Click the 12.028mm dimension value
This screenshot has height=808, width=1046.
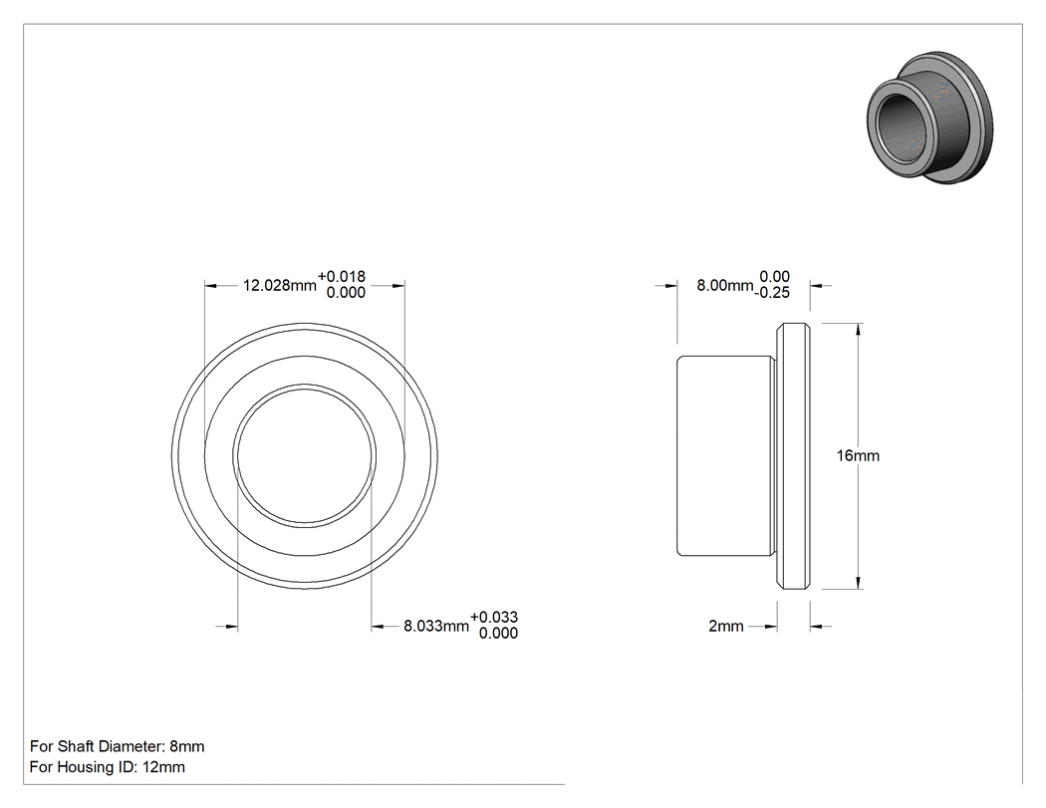point(280,286)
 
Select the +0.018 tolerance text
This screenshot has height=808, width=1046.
point(342,276)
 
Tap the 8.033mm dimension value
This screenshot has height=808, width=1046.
point(436,626)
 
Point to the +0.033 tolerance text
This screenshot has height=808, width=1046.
point(494,617)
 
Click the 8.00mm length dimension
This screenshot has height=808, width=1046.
point(725,286)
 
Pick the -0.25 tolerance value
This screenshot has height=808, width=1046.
point(772,293)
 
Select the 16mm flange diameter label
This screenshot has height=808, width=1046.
point(858,455)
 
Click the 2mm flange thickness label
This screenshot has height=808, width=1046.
point(726,626)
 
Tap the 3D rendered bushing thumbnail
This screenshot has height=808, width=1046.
point(929,117)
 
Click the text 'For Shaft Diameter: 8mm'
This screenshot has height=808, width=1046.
point(118,746)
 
